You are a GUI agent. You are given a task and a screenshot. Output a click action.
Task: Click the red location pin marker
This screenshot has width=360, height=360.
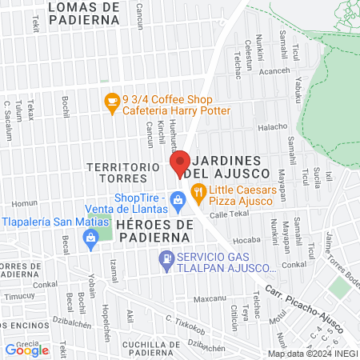[180, 164]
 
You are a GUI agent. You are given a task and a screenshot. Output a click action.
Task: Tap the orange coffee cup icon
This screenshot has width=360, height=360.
[111, 102]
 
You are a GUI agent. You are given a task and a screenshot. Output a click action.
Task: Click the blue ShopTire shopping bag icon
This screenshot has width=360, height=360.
[181, 206]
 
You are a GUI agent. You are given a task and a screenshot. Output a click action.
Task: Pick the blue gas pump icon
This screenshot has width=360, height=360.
[166, 258]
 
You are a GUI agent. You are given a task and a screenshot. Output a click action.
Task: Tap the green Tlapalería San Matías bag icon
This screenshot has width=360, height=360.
[92, 238]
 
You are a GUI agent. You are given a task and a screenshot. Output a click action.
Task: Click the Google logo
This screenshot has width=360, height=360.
[26, 349]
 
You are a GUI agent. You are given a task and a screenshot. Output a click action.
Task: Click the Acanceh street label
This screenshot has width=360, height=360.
[274, 70]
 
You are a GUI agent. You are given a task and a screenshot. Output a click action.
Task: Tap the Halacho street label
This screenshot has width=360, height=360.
[272, 126]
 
